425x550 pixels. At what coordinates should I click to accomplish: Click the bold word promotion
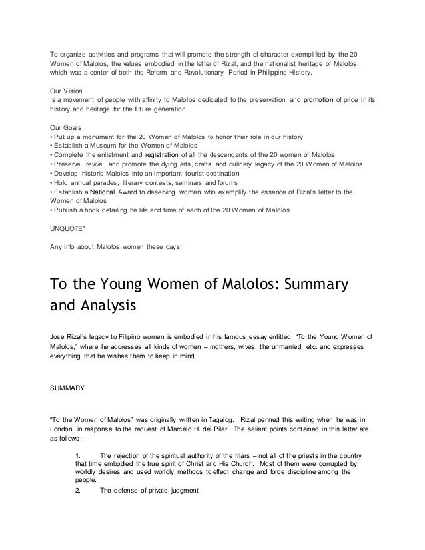click(322, 99)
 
